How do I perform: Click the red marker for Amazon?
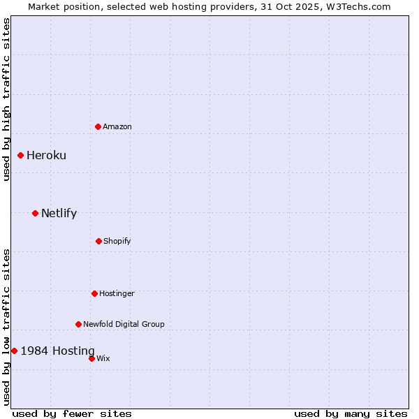click(98, 126)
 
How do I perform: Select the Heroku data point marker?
click(20, 155)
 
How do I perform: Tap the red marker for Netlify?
click(35, 213)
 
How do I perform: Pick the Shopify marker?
click(98, 241)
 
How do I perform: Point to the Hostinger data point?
click(94, 293)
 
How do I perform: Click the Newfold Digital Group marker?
click(78, 324)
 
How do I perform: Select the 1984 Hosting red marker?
click(14, 351)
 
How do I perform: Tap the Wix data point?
click(91, 358)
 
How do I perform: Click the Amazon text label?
click(117, 126)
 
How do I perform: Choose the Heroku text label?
click(46, 155)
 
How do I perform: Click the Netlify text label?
click(59, 213)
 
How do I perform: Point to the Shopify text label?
click(117, 241)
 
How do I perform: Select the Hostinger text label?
click(117, 293)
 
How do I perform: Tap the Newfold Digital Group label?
click(124, 324)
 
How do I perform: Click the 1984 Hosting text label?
click(57, 351)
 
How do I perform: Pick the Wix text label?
click(103, 358)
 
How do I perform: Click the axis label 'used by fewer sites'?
click(72, 413)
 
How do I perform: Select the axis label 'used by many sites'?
click(351, 413)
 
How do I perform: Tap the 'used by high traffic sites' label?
click(6, 99)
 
